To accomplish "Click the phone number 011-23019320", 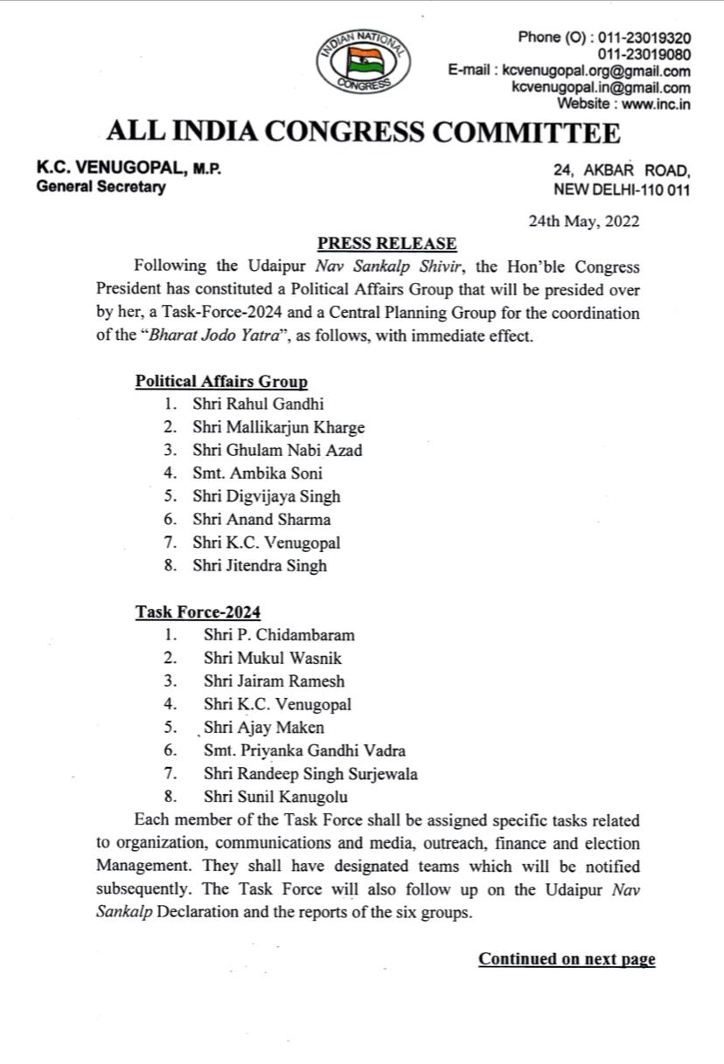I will [x=642, y=38].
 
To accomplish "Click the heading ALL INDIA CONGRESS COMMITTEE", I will [x=363, y=133].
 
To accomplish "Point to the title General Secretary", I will [x=101, y=187].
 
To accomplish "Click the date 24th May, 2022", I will [x=583, y=221].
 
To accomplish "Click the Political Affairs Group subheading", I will [x=221, y=381].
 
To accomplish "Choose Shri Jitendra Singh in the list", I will [x=260, y=565].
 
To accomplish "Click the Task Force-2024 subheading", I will [x=198, y=612].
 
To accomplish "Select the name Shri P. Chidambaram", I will [x=279, y=635].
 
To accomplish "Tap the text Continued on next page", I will [x=567, y=958].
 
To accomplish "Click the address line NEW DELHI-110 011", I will [x=622, y=190].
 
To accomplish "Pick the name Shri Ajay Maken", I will [x=263, y=728].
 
